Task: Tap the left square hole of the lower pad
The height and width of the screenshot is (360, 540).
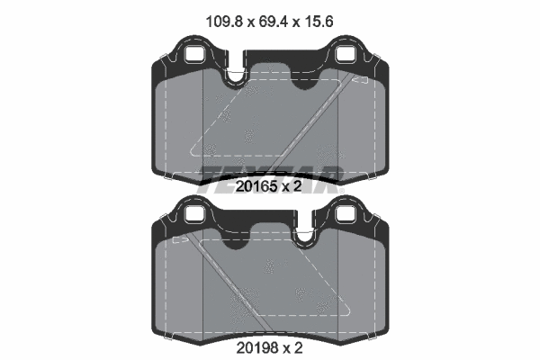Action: point(194,213)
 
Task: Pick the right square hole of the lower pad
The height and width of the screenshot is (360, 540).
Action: point(346,213)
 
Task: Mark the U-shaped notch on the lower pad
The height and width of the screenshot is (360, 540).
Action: point(303,236)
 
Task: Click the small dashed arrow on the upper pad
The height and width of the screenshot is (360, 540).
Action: point(360,81)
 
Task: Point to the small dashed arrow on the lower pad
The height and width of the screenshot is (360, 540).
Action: point(179,240)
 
